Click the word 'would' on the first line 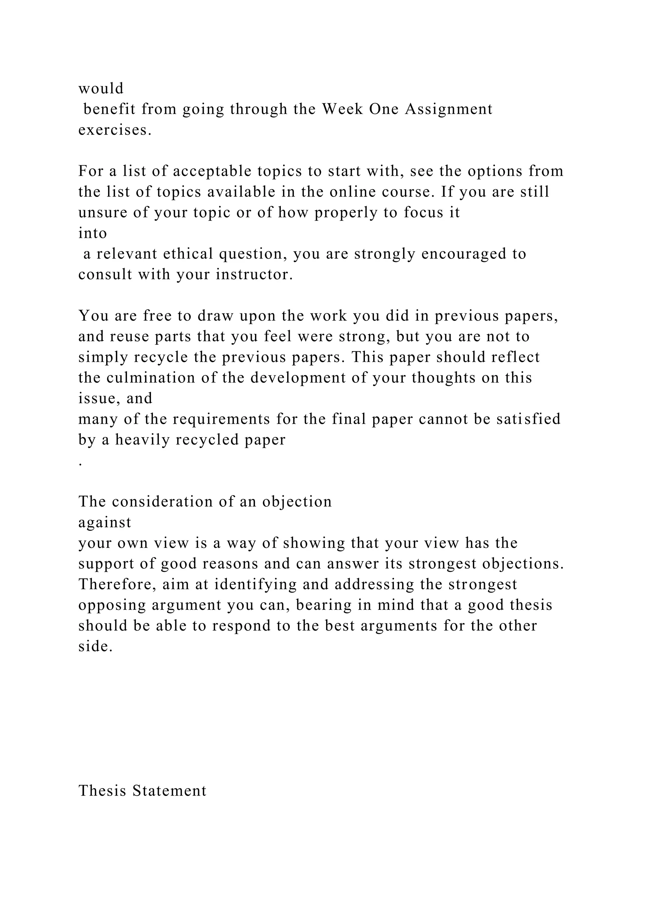101,88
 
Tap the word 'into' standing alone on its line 93,233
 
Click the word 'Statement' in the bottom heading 169,791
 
